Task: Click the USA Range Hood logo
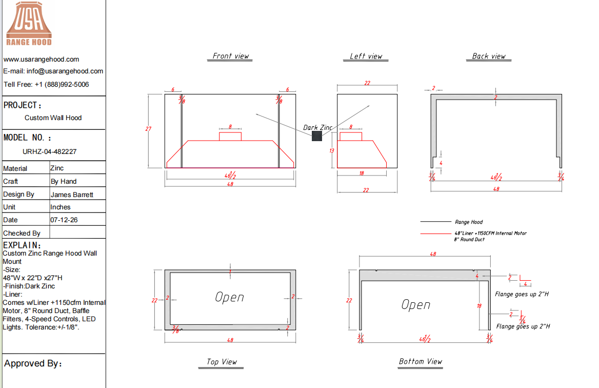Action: pos(29,24)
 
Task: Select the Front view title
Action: pos(230,56)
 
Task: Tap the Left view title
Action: pos(366,56)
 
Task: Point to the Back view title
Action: pos(489,56)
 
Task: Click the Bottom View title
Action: pos(420,361)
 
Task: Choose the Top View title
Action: pos(222,362)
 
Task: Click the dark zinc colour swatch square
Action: pos(317,136)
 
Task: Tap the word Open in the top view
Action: pos(229,297)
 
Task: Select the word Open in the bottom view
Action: pos(415,305)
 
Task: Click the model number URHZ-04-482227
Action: pos(49,151)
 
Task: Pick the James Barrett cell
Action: pos(72,195)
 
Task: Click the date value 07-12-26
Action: pos(64,220)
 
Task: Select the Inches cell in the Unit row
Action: pos(61,207)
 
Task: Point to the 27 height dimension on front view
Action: pos(148,129)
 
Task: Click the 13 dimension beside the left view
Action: pos(332,150)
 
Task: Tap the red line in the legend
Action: pos(435,233)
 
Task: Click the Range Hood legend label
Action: pos(469,222)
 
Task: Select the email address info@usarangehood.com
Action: pos(65,71)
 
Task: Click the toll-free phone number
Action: pos(62,85)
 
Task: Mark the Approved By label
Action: pos(33,363)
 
